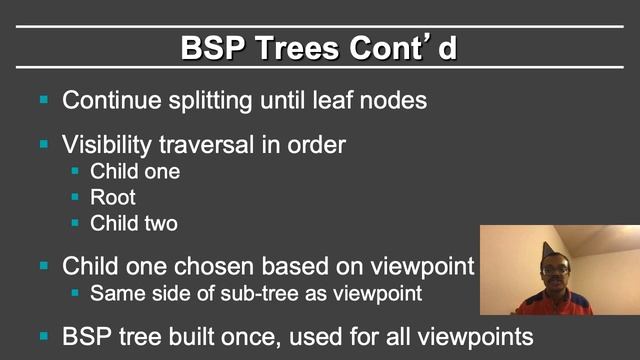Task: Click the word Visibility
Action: pyautogui.click(x=106, y=144)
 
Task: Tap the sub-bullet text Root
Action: pyautogui.click(x=113, y=197)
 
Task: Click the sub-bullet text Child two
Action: pyautogui.click(x=134, y=223)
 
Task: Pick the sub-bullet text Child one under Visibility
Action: pyautogui.click(x=135, y=171)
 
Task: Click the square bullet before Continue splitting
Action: pyautogui.click(x=44, y=100)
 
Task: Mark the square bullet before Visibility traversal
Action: pyautogui.click(x=44, y=144)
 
